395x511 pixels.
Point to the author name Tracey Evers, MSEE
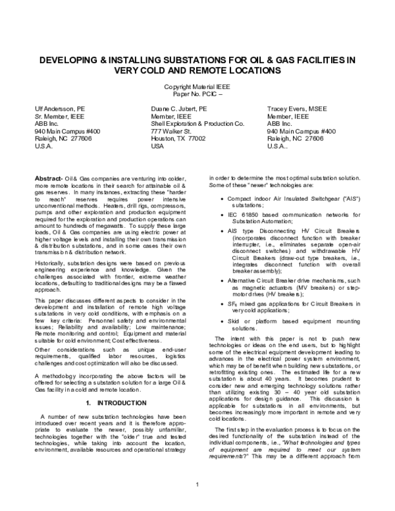(299, 107)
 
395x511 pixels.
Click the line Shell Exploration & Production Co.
(197, 122)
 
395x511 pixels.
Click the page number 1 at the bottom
(197, 504)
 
